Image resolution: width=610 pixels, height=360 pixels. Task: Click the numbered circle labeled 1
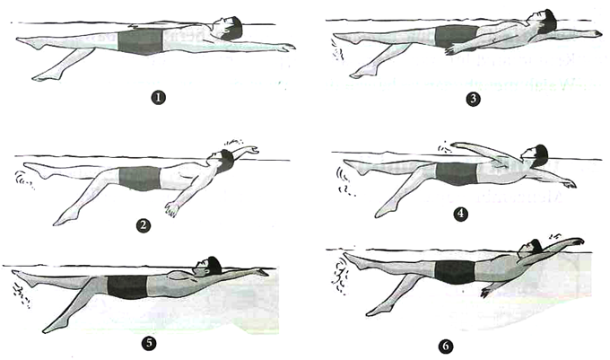[x=158, y=97]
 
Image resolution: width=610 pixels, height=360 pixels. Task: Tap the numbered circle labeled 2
[x=144, y=225]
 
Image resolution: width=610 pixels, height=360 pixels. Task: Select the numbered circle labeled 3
[x=473, y=99]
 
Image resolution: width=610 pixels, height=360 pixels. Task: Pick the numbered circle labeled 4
[x=460, y=214]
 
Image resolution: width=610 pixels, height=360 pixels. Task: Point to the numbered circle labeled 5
[x=150, y=343]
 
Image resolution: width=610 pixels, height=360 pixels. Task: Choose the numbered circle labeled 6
[x=446, y=347]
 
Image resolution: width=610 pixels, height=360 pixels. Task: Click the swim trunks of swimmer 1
[x=140, y=41]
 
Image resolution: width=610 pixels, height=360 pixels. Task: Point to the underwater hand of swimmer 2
[x=171, y=208]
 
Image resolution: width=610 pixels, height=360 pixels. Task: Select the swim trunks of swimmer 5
[x=127, y=286]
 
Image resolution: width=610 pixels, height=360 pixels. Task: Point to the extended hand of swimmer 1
[x=286, y=48]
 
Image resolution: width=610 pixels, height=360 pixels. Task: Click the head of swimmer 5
[x=210, y=266]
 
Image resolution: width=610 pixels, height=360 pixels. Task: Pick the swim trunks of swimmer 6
[x=455, y=272]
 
